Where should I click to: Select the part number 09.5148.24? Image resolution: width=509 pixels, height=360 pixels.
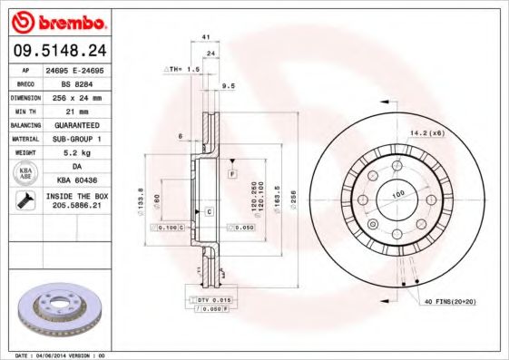pyautogui.click(x=60, y=51)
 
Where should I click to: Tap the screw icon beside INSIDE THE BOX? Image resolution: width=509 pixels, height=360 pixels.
pyautogui.click(x=22, y=202)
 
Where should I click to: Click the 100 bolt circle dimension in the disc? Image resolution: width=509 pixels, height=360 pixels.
pyautogui.click(x=396, y=194)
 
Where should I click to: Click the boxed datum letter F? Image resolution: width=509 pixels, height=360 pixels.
pyautogui.click(x=232, y=172)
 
